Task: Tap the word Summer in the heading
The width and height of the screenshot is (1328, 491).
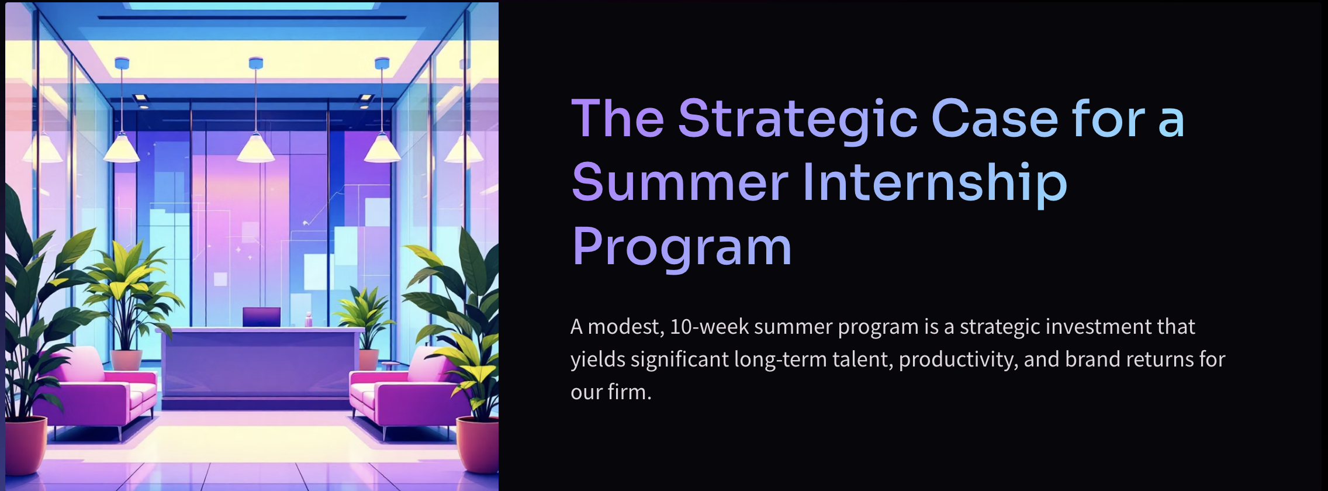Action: point(680,182)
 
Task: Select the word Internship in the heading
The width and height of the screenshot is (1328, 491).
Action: point(935,182)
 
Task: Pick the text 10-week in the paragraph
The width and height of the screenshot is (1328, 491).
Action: point(709,327)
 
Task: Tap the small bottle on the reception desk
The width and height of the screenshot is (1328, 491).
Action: point(308,319)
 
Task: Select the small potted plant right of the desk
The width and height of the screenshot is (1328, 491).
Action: point(365,327)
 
